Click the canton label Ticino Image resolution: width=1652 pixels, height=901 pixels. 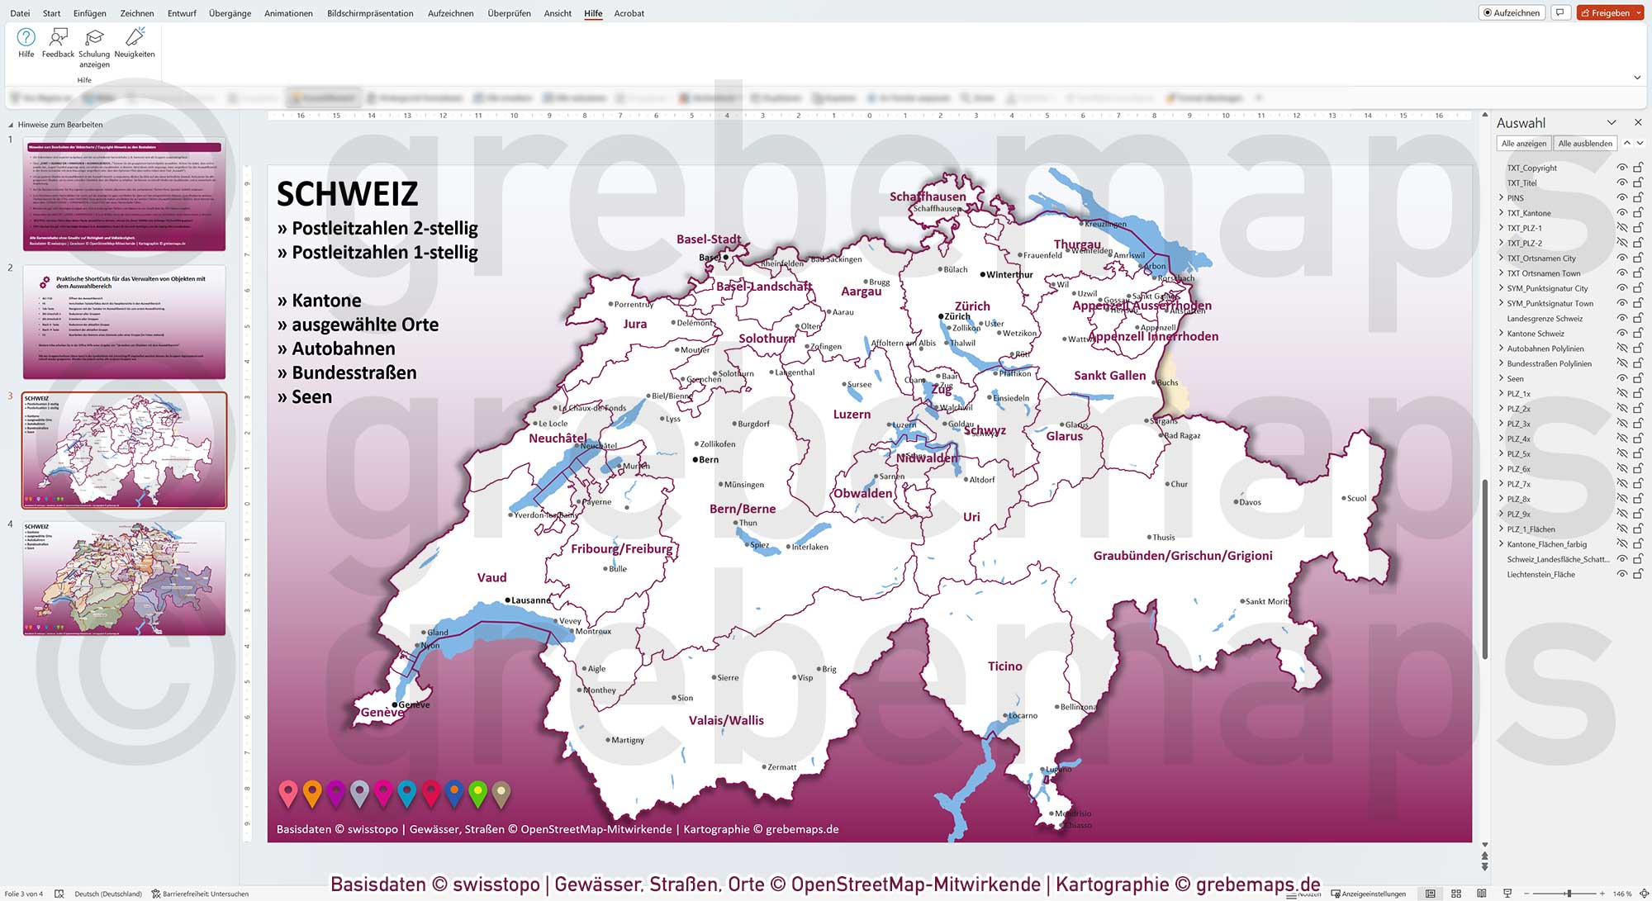tap(1004, 666)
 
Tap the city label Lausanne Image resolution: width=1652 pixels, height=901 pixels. tap(530, 600)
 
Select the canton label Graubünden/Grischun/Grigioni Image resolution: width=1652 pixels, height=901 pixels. tap(1182, 556)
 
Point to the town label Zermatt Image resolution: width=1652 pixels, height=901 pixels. tap(781, 767)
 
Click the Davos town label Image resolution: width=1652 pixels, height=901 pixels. tap(1250, 502)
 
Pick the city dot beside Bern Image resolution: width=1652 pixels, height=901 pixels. tap(695, 459)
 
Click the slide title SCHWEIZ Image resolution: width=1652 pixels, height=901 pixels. tap(347, 194)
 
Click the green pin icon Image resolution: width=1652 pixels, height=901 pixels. tap(477, 793)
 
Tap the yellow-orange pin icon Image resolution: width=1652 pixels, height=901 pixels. tap(311, 793)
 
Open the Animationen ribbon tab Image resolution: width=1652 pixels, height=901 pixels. tap(288, 13)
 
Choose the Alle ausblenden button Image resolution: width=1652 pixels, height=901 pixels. tap(1584, 144)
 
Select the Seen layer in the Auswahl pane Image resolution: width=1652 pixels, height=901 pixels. tap(1515, 379)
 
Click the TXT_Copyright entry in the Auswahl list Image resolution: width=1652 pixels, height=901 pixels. tap(1531, 168)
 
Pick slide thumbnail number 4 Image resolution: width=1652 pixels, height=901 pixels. tap(124, 578)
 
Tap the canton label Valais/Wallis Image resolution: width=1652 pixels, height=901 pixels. tap(726, 720)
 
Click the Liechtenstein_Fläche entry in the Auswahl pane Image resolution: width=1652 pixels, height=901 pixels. tap(1540, 575)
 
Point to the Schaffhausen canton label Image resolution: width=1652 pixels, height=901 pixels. tap(927, 197)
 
